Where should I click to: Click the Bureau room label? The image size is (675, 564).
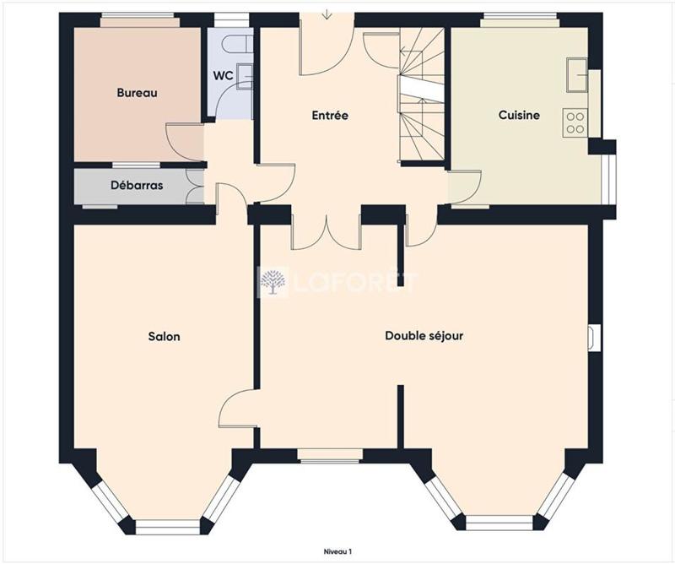tap(137, 93)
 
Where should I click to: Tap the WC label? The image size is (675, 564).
tap(223, 75)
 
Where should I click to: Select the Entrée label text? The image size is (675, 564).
tap(330, 116)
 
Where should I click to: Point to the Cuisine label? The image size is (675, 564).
tap(519, 116)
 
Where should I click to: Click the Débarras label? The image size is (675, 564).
tap(137, 185)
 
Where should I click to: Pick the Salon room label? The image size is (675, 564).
tap(164, 336)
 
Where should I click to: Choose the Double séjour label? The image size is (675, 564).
tap(424, 336)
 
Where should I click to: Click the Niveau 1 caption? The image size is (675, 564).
tap(338, 550)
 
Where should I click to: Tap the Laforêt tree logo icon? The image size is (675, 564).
tap(273, 283)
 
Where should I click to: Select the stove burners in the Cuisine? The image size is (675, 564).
tap(575, 123)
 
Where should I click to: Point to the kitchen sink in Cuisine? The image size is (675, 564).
tap(577, 73)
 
